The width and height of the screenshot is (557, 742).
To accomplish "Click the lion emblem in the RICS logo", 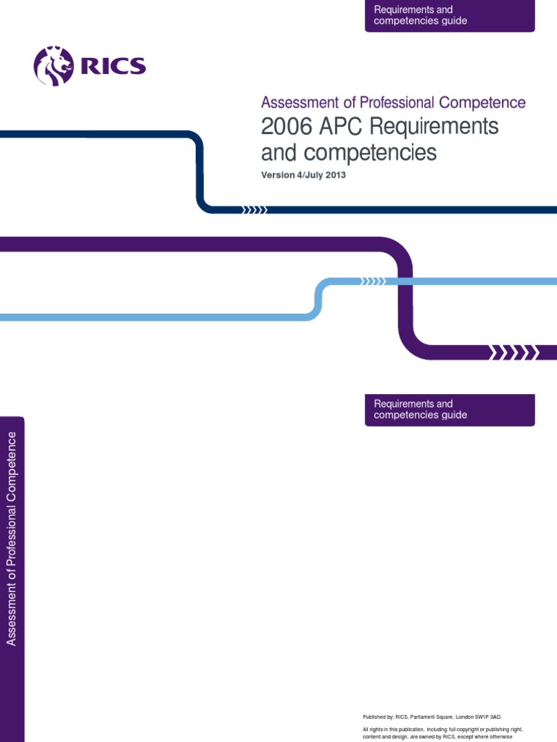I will point(54,66).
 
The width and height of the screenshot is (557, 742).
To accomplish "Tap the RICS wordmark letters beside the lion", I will point(112,67).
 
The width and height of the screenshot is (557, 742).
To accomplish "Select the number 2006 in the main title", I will point(287,127).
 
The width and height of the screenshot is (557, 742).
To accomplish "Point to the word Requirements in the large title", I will point(435,127).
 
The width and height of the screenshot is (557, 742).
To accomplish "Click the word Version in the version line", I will point(278,175).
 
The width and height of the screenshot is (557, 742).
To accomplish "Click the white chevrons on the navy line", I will point(255,210).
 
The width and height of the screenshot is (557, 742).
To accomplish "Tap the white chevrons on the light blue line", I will point(373,281).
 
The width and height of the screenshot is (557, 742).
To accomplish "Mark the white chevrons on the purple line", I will point(514,352).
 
